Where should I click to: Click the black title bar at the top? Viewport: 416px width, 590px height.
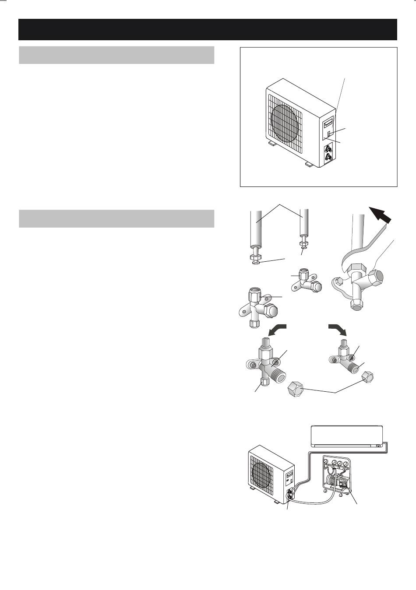(x=208, y=29)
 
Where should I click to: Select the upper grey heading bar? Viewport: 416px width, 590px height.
(x=116, y=55)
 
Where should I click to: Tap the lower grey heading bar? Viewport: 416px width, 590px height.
(x=116, y=218)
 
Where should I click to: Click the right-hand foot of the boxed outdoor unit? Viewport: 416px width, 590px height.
(x=308, y=165)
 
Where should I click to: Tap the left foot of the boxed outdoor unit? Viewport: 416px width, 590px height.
(x=271, y=143)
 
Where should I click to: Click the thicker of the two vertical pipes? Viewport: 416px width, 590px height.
(x=255, y=230)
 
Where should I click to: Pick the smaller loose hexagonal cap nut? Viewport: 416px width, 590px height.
(x=367, y=377)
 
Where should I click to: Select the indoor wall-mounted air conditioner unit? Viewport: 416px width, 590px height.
(x=347, y=435)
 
